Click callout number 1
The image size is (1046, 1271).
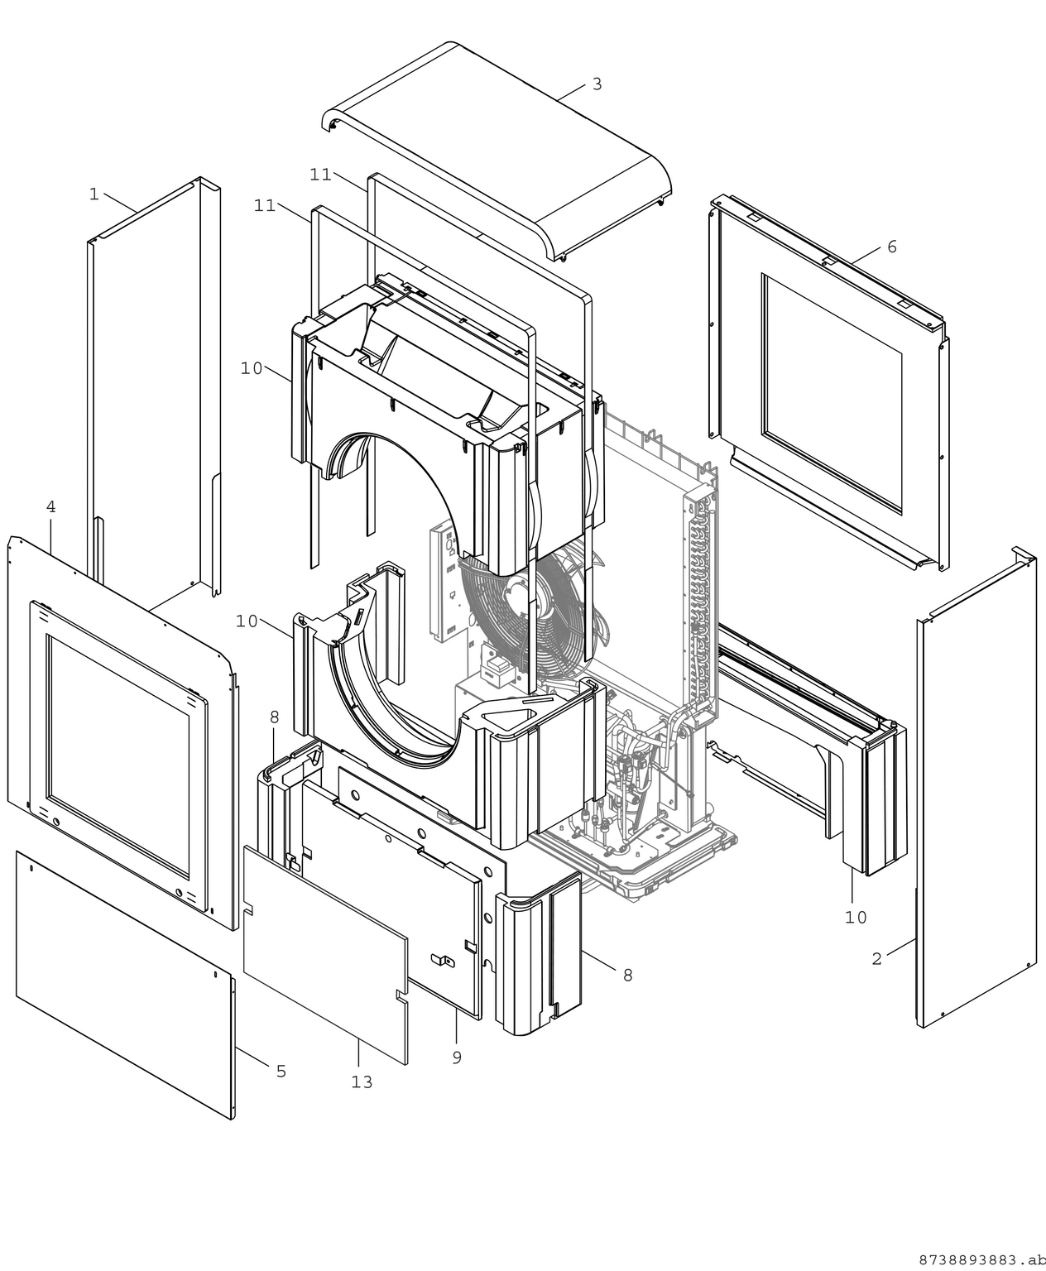coord(94,194)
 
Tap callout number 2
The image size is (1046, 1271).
coord(877,958)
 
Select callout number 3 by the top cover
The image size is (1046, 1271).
coord(597,84)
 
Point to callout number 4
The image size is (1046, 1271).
coord(51,507)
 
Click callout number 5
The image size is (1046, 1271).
coord(281,1071)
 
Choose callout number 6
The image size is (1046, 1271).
coord(891,247)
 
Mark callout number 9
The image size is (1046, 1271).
coord(457,1057)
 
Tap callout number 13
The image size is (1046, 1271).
coord(362,1082)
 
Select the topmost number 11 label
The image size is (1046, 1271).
coord(321,175)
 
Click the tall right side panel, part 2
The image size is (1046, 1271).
coord(976,786)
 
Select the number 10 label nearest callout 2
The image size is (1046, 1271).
coord(856,917)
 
